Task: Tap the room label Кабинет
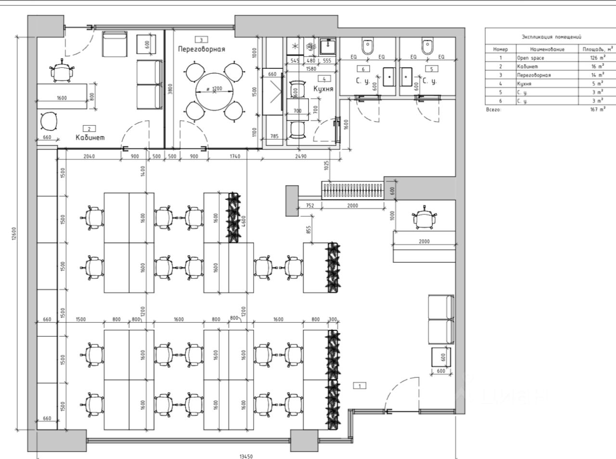[x=90, y=138]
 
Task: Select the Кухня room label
[x=324, y=89]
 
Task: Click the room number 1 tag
[x=359, y=385]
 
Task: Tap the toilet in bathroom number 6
[x=369, y=46]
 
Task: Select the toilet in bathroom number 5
[x=427, y=46]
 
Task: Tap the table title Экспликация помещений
[x=552, y=37]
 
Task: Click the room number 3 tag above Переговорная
[x=201, y=39]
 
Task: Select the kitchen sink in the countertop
[x=328, y=46]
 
